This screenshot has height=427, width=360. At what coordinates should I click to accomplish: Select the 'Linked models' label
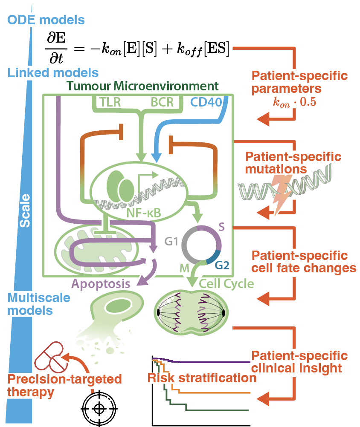pos(53,73)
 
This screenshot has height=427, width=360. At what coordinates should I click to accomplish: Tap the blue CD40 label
pos(206,103)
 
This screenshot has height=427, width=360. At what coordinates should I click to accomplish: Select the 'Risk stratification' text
pos(202,378)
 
